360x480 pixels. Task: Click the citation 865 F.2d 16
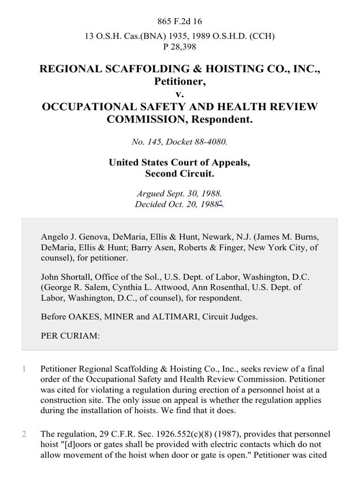click(x=180, y=21)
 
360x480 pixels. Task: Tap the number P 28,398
click(x=180, y=46)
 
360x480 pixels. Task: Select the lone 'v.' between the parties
click(x=180, y=94)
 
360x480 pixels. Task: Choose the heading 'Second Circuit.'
click(x=180, y=174)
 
